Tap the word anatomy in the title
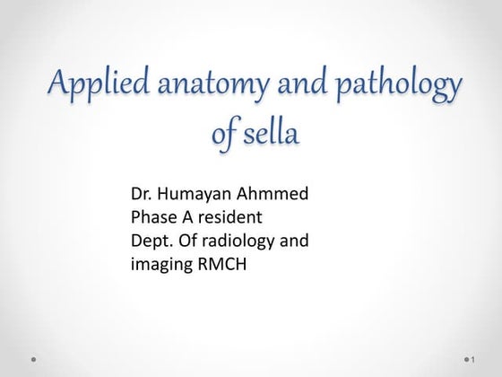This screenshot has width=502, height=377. point(213,88)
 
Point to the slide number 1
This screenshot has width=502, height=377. point(472,359)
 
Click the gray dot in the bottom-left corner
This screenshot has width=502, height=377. point(33,358)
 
